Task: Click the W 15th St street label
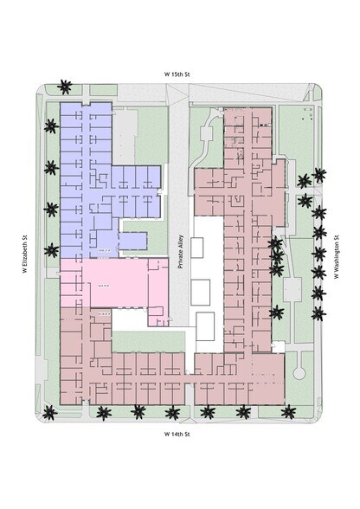click(x=179, y=75)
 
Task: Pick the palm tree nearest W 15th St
click(x=64, y=87)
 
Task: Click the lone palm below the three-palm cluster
click(x=278, y=312)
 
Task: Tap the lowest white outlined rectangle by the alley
click(x=205, y=326)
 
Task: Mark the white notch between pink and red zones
click(x=130, y=319)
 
